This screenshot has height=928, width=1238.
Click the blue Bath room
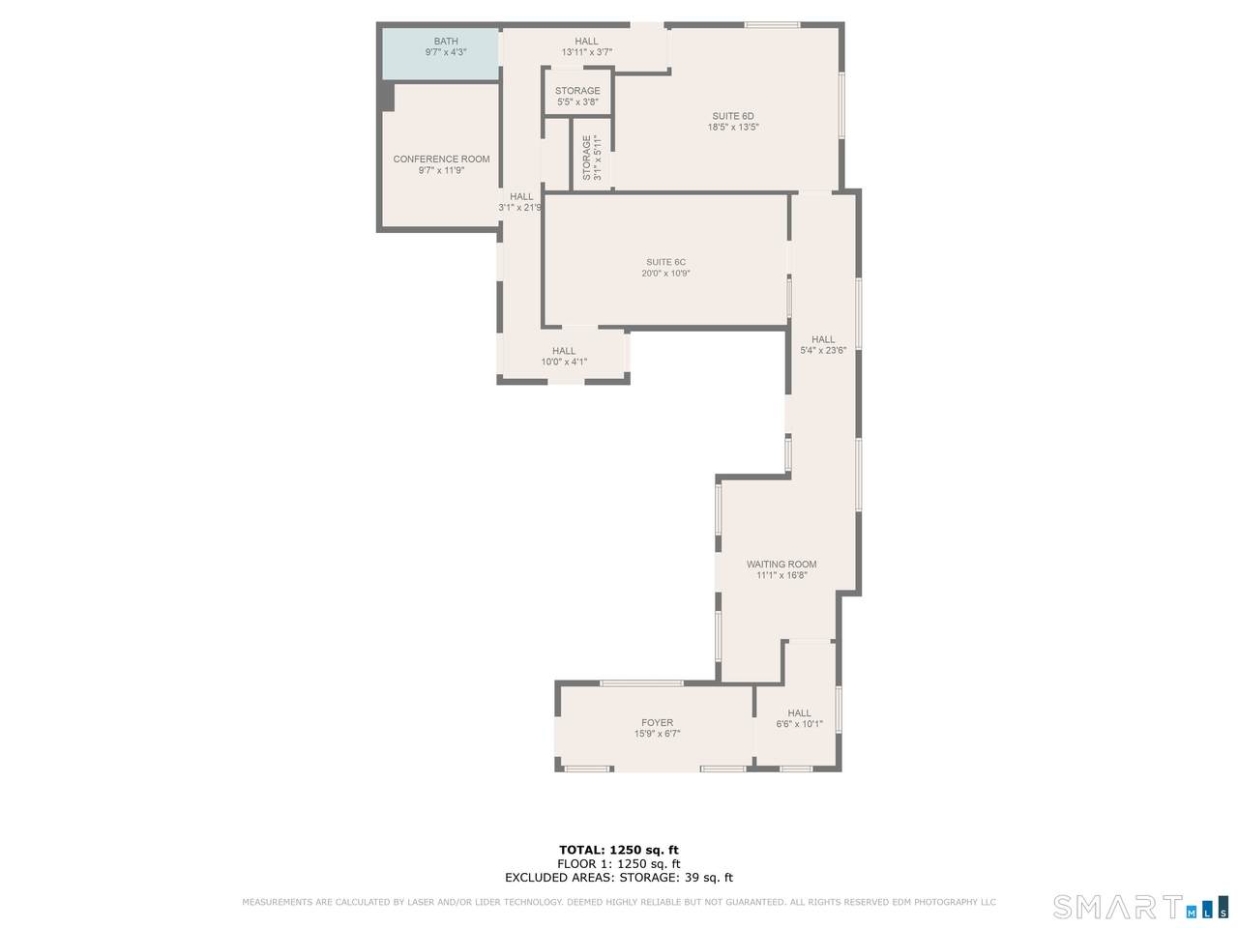(440, 53)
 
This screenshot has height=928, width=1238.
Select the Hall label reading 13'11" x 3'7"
(586, 46)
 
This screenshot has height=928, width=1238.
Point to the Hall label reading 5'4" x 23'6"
(823, 344)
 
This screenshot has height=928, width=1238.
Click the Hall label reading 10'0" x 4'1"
(564, 356)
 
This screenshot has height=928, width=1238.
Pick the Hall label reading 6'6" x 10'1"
(799, 718)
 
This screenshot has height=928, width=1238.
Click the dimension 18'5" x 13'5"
(733, 128)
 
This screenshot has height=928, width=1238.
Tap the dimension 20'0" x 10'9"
(665, 274)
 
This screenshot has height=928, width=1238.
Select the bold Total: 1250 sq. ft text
(619, 850)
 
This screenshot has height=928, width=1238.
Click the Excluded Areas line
(619, 878)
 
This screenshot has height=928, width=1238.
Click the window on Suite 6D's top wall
(772, 25)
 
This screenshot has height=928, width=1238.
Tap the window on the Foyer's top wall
(641, 683)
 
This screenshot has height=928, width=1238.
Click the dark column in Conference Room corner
(387, 97)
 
